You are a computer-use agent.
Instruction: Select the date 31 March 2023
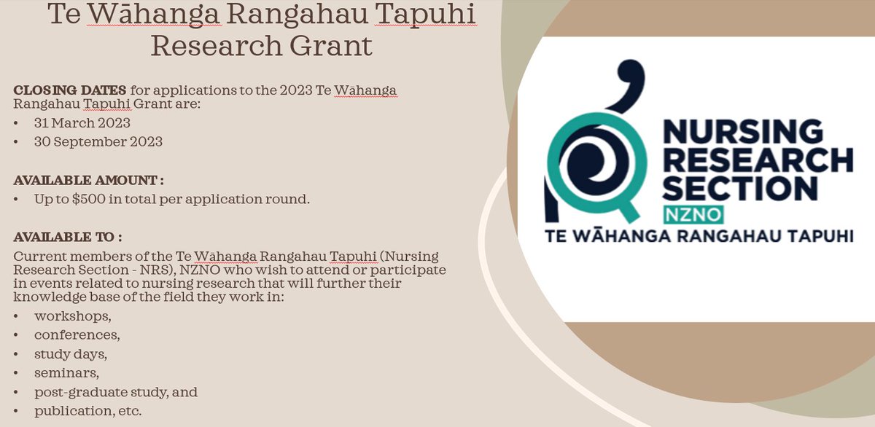pyautogui.click(x=82, y=122)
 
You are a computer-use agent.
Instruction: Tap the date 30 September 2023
pyautogui.click(x=98, y=141)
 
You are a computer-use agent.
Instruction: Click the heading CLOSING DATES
pyautogui.click(x=70, y=90)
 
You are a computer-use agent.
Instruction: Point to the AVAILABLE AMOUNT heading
pyautogui.click(x=88, y=179)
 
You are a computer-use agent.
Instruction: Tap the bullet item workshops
pyautogui.click(x=73, y=316)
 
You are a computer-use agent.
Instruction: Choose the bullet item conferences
pyautogui.click(x=77, y=335)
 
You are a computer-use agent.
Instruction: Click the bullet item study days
pyautogui.click(x=71, y=354)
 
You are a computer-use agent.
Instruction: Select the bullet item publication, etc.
pyautogui.click(x=88, y=411)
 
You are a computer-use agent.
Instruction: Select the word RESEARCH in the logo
pyautogui.click(x=756, y=160)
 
